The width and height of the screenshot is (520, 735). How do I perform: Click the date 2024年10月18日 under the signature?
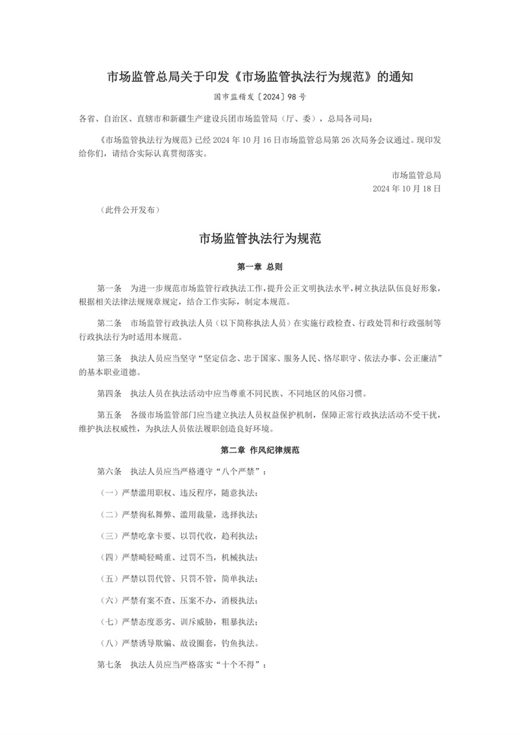407,188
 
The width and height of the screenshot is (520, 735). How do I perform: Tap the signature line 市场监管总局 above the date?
417,175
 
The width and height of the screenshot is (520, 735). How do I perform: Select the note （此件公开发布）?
128,211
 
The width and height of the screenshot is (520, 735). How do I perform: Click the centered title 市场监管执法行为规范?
259,239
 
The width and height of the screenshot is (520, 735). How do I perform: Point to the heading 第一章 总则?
259,266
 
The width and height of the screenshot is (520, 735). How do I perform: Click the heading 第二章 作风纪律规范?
259,450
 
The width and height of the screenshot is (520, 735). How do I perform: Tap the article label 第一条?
109,288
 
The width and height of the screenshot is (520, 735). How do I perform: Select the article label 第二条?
109,322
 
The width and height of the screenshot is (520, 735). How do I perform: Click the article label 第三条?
109,357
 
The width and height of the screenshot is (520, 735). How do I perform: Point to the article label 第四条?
109,393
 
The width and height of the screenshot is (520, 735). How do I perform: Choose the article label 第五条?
109,414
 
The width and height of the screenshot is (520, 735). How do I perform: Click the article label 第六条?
109,471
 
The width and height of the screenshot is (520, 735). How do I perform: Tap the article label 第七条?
109,665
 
